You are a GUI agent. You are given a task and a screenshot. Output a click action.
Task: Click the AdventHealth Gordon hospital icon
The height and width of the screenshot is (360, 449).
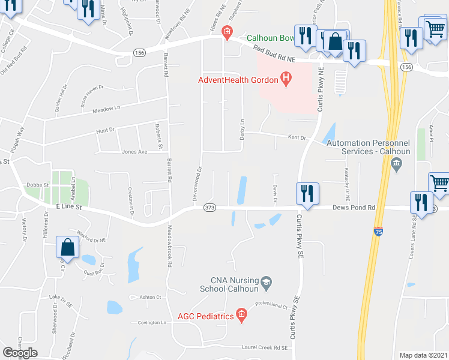(286, 79)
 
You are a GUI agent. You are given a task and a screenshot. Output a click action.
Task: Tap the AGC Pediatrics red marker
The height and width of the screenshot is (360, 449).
(241, 314)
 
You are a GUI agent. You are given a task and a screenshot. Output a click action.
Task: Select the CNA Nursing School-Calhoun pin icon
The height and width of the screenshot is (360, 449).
(267, 281)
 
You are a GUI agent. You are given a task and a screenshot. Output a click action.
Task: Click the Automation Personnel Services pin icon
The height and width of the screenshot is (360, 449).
(396, 167)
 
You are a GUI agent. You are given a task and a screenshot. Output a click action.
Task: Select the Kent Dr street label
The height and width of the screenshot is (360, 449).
(297, 138)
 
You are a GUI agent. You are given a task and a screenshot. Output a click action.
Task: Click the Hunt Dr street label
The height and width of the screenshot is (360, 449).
(105, 130)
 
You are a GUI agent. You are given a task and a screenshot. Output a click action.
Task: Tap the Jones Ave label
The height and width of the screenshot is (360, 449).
(134, 152)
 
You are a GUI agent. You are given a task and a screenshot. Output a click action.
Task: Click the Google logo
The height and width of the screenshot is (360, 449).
(20, 352)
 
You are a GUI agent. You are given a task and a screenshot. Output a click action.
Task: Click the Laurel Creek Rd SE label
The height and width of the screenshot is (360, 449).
(265, 347)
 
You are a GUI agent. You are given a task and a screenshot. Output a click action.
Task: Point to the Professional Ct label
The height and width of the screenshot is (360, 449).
(271, 306)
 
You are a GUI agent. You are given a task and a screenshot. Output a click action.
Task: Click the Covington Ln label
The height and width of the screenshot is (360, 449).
(151, 322)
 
